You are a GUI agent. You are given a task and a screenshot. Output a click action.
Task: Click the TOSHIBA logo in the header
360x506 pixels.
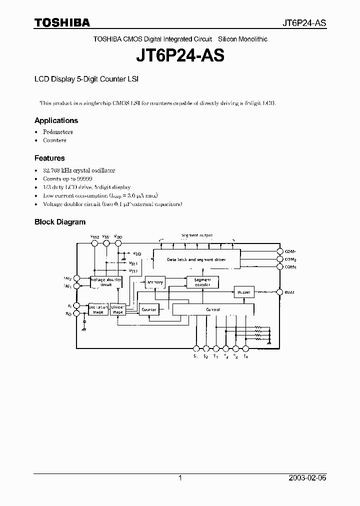click(x=62, y=22)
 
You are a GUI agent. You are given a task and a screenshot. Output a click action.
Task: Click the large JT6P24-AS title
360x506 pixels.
click(x=180, y=55)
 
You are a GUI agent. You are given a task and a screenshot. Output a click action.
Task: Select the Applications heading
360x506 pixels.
click(x=56, y=120)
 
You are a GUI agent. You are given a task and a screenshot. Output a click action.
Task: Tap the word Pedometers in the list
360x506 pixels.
click(x=58, y=132)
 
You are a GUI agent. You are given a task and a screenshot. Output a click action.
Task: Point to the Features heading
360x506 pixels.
click(x=49, y=158)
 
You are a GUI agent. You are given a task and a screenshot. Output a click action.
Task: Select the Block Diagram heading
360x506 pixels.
click(x=60, y=222)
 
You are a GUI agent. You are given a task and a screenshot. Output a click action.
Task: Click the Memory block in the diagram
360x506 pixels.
click(x=155, y=282)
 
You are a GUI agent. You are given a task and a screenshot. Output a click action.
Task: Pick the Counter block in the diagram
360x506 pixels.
click(x=149, y=310)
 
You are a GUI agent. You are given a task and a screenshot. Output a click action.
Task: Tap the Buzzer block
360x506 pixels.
click(x=244, y=291)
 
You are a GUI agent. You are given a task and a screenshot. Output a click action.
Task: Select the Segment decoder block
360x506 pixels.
click(x=202, y=282)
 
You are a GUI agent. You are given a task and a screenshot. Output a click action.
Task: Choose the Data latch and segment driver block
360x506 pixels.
click(x=196, y=260)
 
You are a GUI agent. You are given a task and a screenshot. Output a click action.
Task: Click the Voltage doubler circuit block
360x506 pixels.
click(x=106, y=282)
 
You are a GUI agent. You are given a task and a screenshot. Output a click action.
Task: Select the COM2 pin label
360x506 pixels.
click(x=290, y=259)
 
